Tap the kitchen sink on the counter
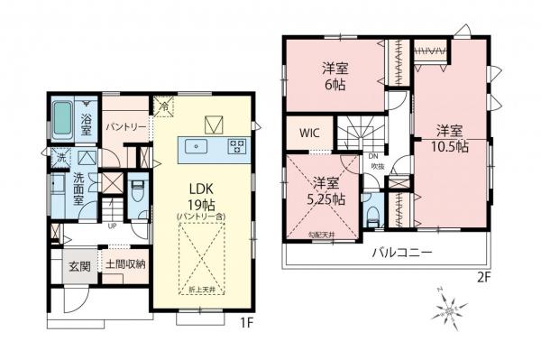(x=197, y=144)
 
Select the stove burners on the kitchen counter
(x=236, y=144)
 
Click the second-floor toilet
(x=372, y=216)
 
